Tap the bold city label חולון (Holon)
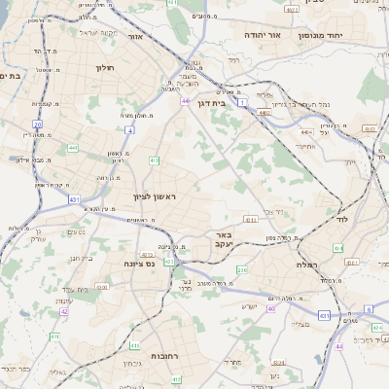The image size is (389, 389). (x=105, y=68)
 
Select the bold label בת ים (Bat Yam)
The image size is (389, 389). (x=11, y=76)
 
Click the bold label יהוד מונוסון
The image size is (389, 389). (x=351, y=35)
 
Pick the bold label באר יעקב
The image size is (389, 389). (x=223, y=239)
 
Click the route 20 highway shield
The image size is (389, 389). (x=37, y=124)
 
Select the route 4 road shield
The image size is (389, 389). (x=130, y=128)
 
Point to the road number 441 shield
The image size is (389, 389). (x=74, y=148)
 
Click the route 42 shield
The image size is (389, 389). (x=64, y=311)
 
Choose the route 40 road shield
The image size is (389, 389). (x=271, y=308)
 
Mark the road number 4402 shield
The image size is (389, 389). (x=264, y=114)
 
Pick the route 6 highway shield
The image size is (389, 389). (x=369, y=308)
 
